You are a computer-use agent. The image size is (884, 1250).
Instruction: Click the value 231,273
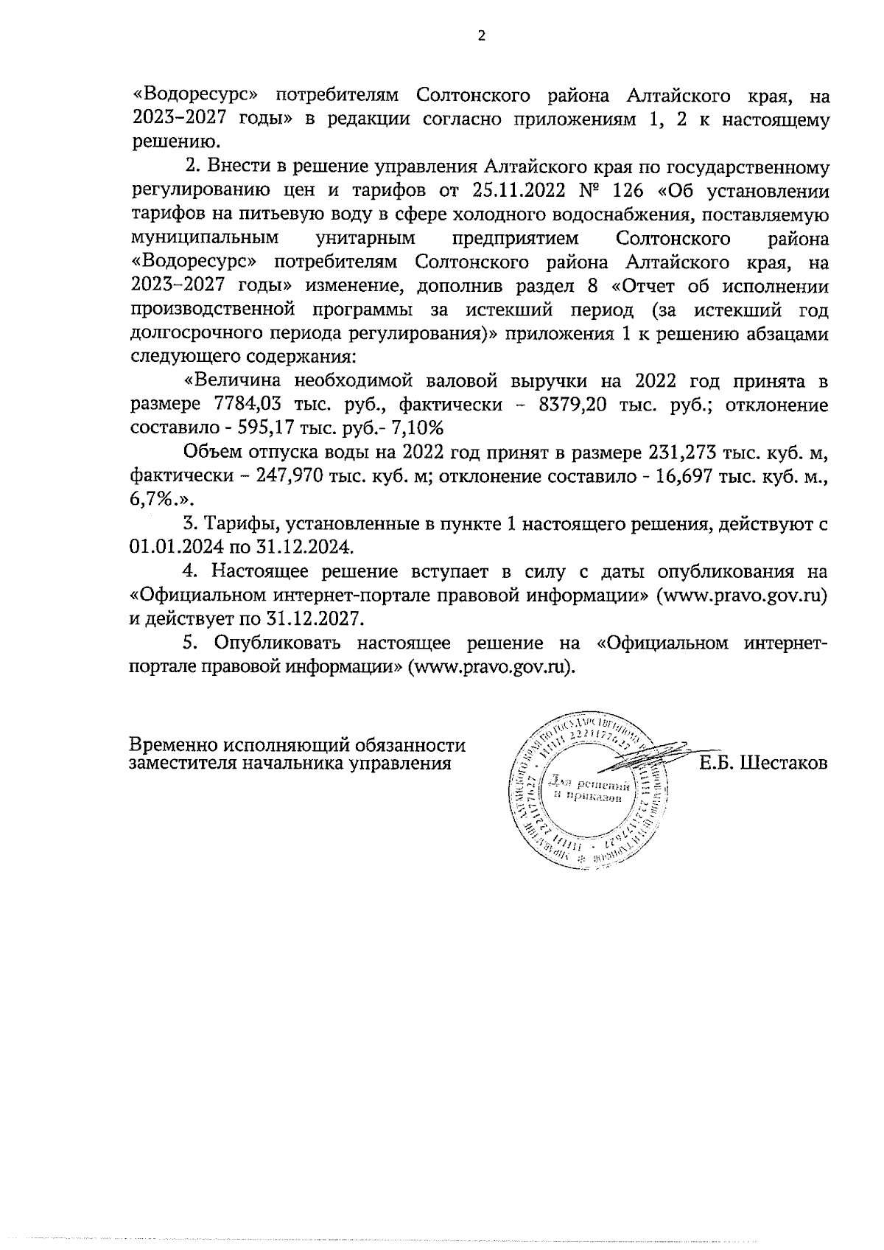click(660, 452)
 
